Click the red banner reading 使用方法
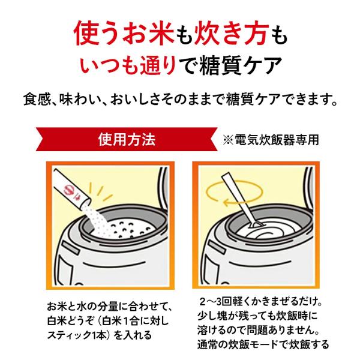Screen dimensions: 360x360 127,139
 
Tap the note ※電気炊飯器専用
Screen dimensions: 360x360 271,140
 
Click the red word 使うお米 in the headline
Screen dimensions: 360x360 124,33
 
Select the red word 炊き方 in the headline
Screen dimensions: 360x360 232,33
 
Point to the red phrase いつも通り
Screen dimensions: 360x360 128,65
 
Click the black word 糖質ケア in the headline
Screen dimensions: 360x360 241,65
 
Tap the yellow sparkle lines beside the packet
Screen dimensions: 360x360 100,191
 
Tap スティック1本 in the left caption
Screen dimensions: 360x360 77,335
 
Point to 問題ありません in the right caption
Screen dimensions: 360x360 279,330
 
